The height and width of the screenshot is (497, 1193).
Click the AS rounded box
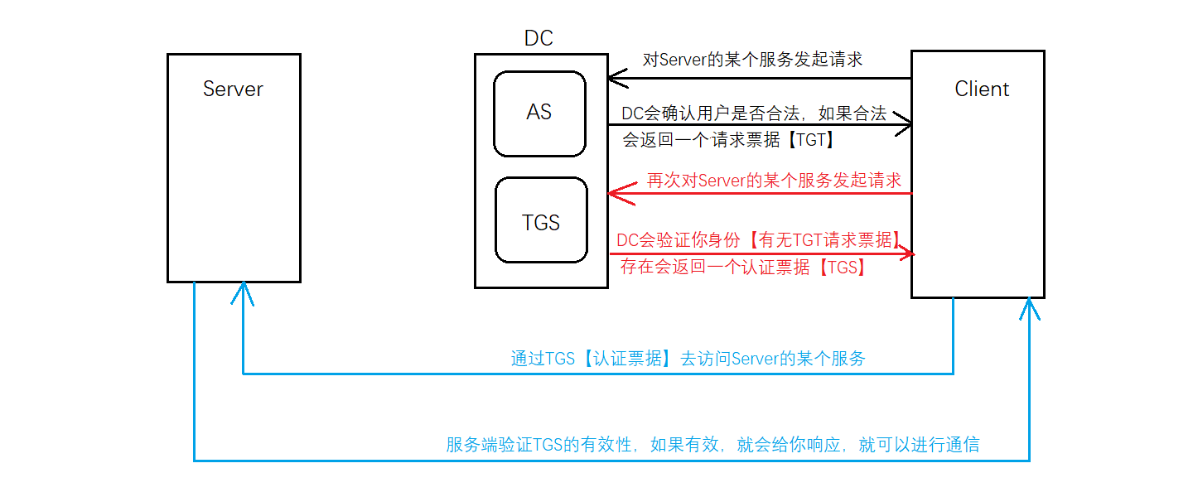click(x=539, y=113)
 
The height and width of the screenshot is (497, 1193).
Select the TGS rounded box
click(x=541, y=220)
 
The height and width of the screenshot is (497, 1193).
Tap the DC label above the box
click(x=539, y=38)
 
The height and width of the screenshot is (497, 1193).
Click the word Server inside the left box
click(x=233, y=89)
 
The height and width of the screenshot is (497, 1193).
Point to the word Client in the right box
click(x=982, y=89)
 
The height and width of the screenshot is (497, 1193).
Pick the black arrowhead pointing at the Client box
click(x=904, y=125)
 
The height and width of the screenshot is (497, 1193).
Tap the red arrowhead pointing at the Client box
click(x=907, y=253)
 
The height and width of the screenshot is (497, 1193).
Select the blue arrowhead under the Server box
click(x=243, y=292)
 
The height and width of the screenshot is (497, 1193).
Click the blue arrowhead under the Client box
click(x=1029, y=308)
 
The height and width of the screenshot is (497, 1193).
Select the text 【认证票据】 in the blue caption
click(x=626, y=359)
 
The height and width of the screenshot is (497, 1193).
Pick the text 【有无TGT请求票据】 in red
click(x=825, y=240)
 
